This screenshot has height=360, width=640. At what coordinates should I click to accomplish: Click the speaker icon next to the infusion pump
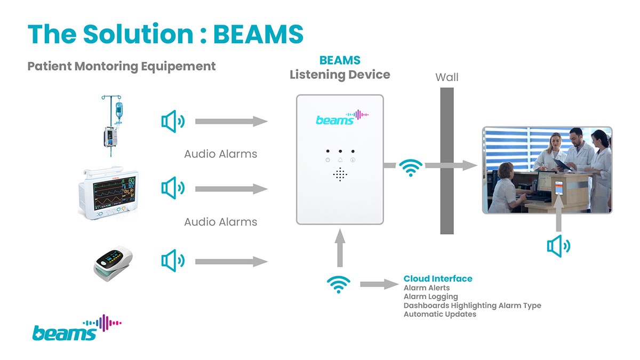coord(173,122)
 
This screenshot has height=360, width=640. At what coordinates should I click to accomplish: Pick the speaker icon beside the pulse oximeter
coord(173,261)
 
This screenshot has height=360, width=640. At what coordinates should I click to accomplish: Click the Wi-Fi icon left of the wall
coord(411,167)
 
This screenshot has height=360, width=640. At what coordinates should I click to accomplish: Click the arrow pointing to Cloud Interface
coord(379,284)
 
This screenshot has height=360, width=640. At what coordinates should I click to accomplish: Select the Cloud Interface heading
coord(437,278)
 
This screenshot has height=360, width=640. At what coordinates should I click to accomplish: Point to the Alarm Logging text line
coord(430,297)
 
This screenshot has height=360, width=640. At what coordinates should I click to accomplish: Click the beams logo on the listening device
coord(341,117)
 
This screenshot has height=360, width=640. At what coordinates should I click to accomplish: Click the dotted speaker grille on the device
coord(340,174)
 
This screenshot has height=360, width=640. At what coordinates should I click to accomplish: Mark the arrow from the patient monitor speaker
coord(231,189)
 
